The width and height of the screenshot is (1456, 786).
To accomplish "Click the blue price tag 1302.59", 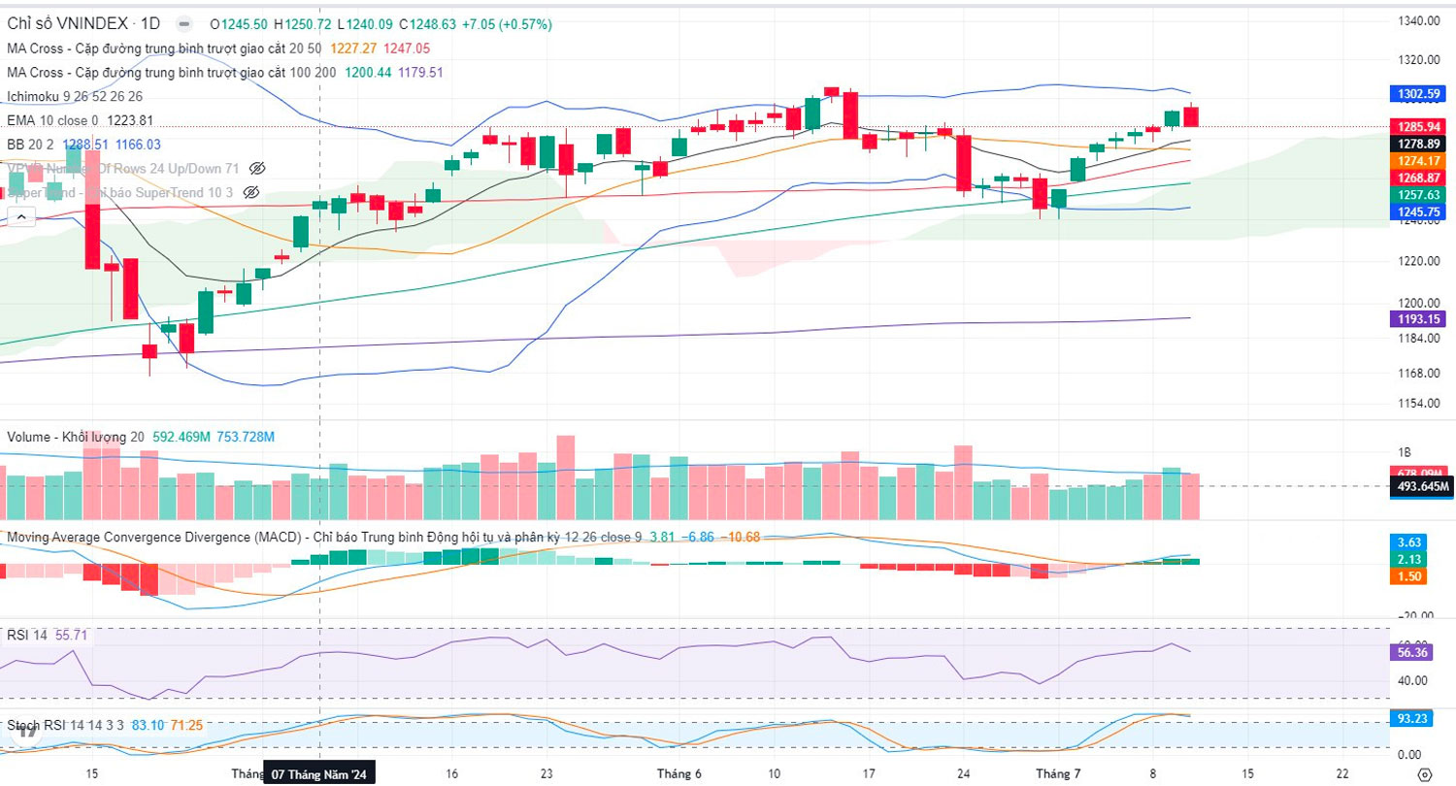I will [x=1419, y=94].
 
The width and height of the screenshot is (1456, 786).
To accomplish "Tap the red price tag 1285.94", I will [x=1419, y=126].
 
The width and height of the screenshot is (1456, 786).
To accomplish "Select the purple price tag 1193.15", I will [x=1419, y=318].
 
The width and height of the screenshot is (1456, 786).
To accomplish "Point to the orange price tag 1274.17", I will [x=1419, y=160].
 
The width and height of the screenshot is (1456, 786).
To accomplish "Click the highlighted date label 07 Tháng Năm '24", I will [x=319, y=774].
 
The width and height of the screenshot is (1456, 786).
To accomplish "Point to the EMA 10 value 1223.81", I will [x=129, y=120].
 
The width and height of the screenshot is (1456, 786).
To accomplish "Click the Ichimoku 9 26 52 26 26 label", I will [x=75, y=96].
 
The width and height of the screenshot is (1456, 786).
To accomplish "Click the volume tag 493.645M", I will [x=1419, y=486].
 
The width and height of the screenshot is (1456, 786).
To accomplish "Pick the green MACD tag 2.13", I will [x=1407, y=559].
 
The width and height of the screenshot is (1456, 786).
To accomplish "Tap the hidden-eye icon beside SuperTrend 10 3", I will [x=251, y=192].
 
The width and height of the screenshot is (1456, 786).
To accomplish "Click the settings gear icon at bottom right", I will [x=1424, y=774].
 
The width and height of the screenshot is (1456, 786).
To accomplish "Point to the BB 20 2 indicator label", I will [x=30, y=144].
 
